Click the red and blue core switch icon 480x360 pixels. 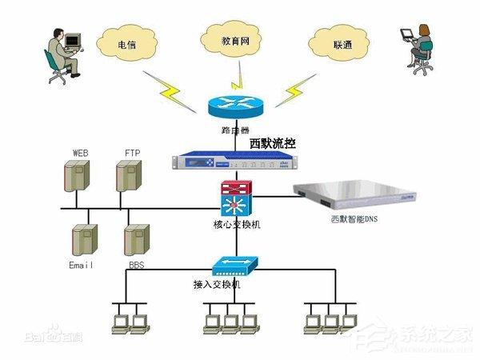[237, 197]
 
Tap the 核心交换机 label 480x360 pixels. [237, 224]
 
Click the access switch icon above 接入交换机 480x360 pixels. [234, 266]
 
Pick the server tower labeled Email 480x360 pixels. [84, 239]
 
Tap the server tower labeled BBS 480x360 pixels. [135, 239]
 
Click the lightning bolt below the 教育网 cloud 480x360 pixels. [235, 79]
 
